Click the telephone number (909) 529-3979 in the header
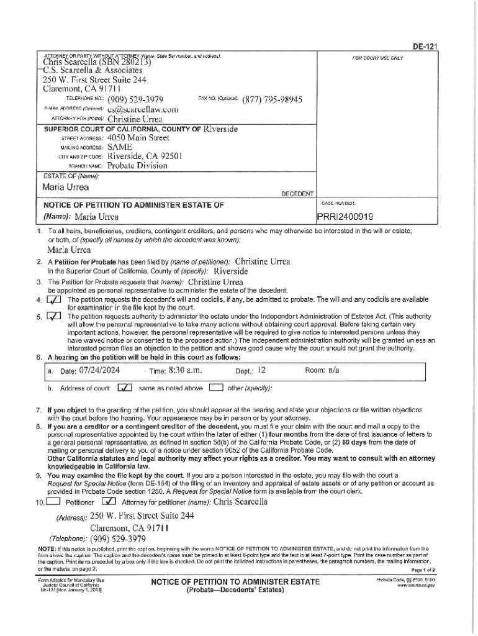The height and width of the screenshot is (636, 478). coord(135,100)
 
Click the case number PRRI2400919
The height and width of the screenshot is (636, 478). coord(347,217)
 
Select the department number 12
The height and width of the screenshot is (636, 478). coord(261,370)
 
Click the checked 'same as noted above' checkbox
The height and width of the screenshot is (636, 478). coord(124,389)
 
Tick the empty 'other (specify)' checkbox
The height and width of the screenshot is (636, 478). coord(215,389)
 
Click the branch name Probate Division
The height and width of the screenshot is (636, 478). coord(137,166)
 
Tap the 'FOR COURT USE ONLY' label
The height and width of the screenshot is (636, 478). coord(377,58)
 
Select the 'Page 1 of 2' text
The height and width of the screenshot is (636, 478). coord(422,569)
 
